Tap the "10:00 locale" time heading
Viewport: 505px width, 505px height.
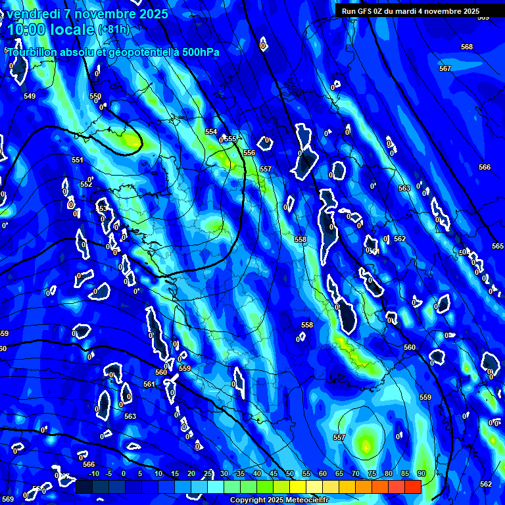click(51, 29)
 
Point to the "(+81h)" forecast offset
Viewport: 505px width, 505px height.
click(114, 29)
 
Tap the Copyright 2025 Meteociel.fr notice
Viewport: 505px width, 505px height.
click(289, 500)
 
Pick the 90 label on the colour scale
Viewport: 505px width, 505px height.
click(421, 474)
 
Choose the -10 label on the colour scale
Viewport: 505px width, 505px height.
click(93, 474)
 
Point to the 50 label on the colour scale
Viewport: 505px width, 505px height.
click(290, 474)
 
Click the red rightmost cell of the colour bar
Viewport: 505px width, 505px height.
click(412, 487)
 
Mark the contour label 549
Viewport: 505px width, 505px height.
click(30, 97)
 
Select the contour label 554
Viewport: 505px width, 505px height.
click(211, 132)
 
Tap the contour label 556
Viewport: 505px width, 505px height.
click(249, 153)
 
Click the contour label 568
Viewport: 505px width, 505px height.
click(467, 47)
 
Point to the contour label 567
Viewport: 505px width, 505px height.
click(445, 68)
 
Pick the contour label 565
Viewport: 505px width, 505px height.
click(498, 246)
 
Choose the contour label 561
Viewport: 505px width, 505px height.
click(149, 384)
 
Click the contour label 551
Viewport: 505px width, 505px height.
click(78, 160)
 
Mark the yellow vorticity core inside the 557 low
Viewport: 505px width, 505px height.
click(365, 445)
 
